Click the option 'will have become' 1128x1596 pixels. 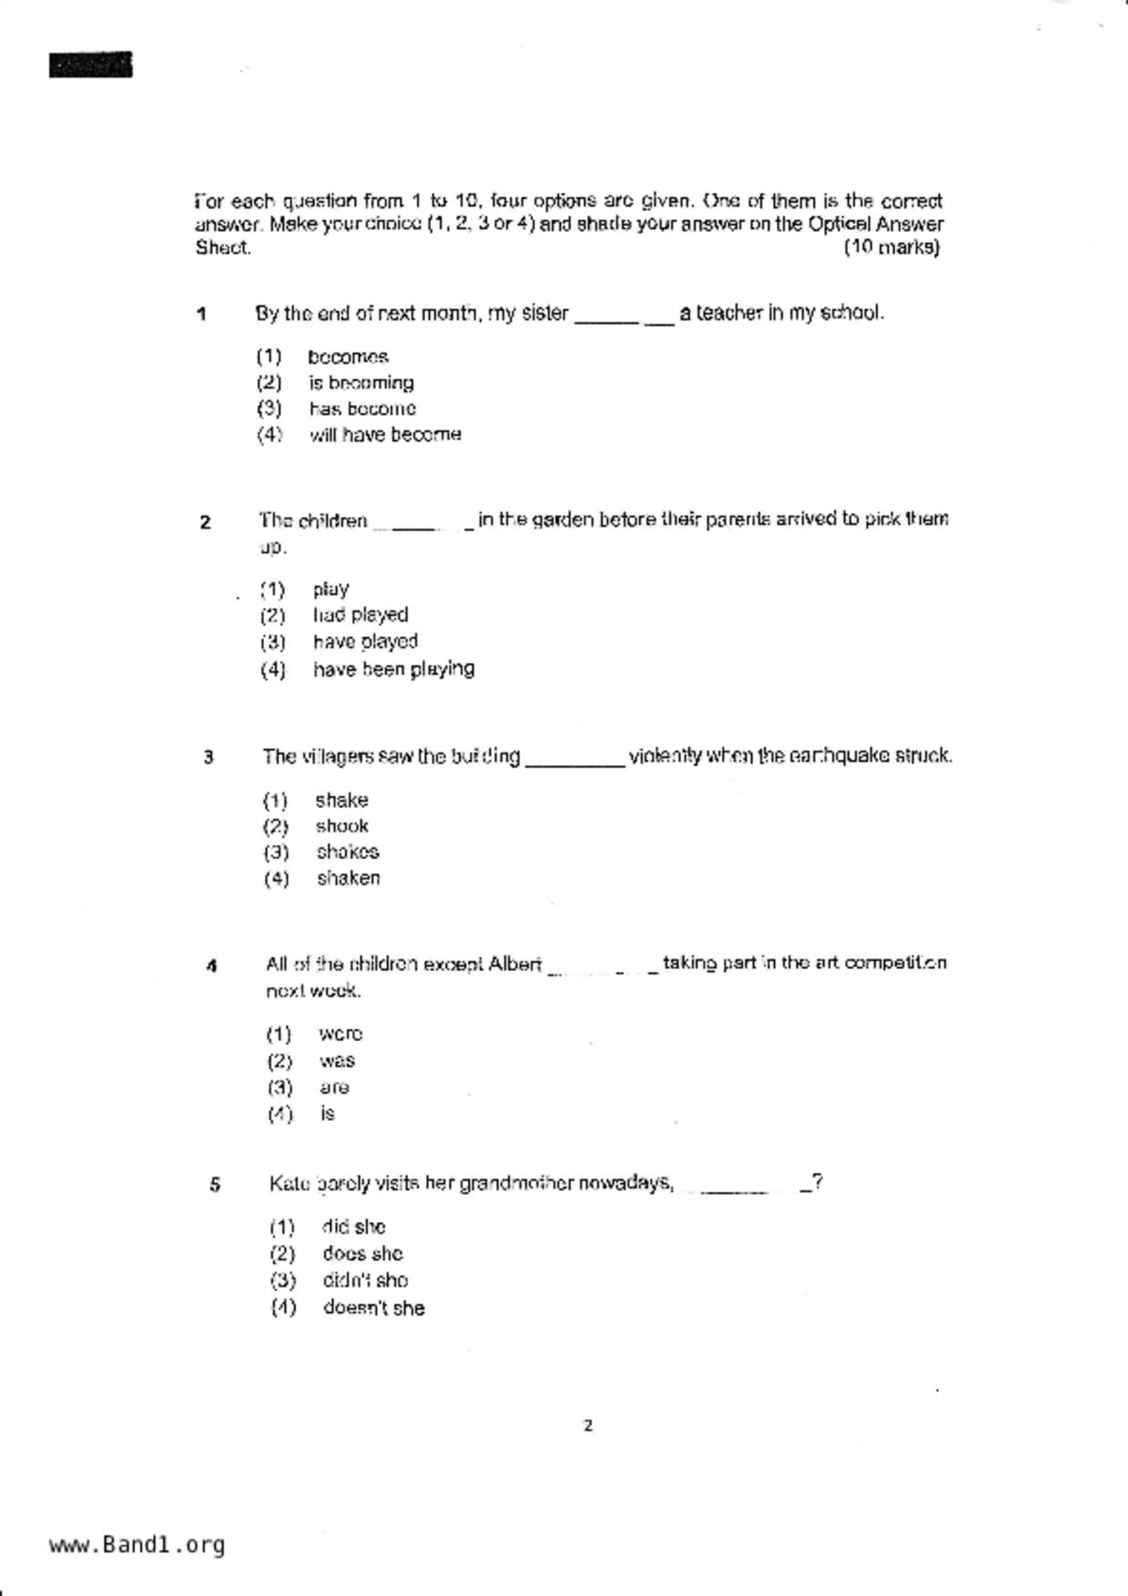(x=385, y=435)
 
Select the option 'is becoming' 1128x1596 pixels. (x=361, y=383)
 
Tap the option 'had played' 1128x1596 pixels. (x=361, y=615)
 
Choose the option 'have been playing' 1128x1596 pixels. (x=393, y=670)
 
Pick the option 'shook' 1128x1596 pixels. (x=341, y=826)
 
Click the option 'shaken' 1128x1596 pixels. (x=348, y=878)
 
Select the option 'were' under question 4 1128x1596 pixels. (x=340, y=1035)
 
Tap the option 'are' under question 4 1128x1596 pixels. (x=334, y=1087)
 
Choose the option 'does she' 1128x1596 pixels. (x=362, y=1254)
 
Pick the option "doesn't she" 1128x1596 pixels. (x=373, y=1308)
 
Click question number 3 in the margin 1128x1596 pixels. (x=208, y=757)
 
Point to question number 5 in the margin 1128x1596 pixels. (x=215, y=1185)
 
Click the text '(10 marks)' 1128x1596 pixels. (x=891, y=247)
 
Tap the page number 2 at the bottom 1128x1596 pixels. (x=588, y=1426)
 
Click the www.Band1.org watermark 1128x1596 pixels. (x=137, y=1545)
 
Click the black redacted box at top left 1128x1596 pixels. (x=90, y=66)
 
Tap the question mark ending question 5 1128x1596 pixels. (x=818, y=1183)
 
